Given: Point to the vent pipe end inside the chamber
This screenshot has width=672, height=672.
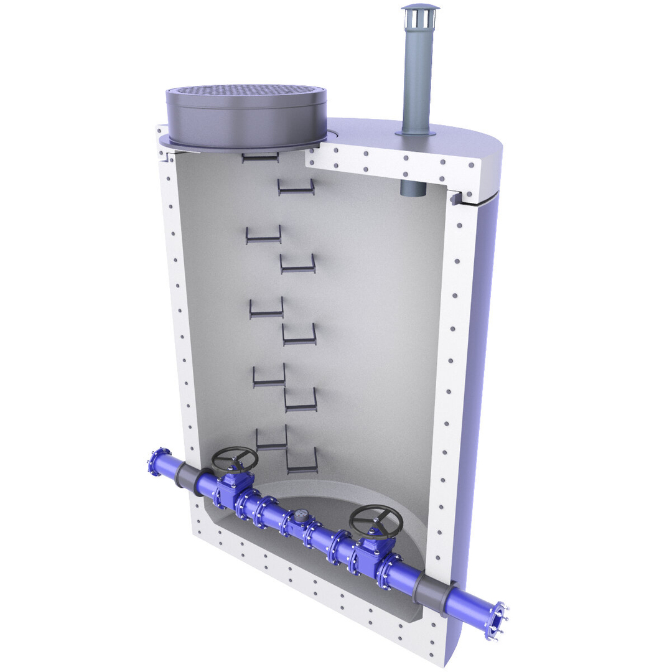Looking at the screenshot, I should [412, 189].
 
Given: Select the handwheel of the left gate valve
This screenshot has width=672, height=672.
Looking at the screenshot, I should [235, 459].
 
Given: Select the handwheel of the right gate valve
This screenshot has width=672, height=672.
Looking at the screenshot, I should [375, 521].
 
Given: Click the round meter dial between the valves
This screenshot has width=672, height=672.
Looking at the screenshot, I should [301, 516].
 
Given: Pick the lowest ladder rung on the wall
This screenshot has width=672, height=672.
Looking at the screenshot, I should [302, 464].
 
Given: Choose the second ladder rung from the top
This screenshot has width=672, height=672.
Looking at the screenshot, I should [296, 188].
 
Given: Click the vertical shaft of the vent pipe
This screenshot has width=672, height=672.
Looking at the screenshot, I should [418, 75].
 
